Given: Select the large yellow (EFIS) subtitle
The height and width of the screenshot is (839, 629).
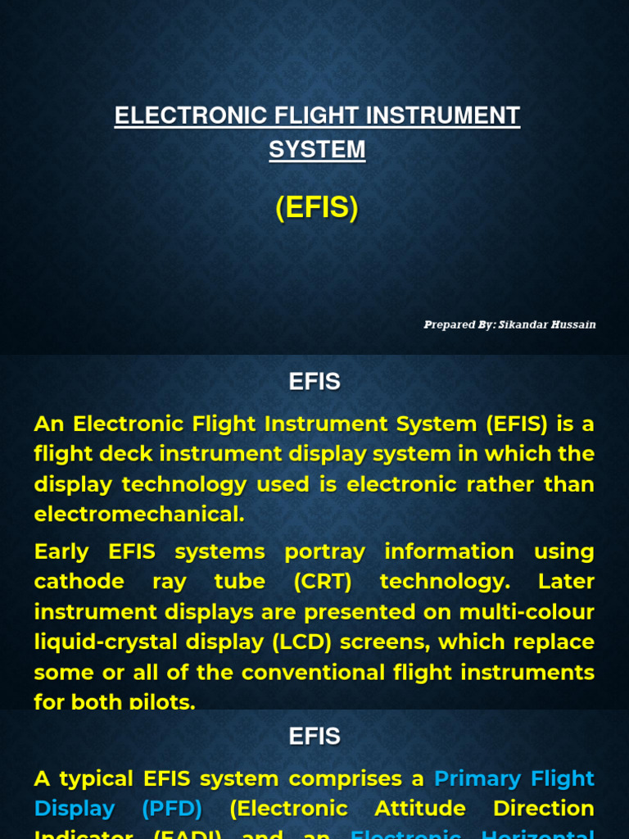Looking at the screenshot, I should pos(317,209).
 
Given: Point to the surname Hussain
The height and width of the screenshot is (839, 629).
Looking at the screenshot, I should pos(574,324).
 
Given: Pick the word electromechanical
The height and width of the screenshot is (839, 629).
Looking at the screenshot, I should pos(139,514).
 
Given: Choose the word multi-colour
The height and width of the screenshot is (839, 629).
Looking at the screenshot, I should pos(536,612).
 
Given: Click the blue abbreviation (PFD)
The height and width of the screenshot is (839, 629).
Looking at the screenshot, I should pos(172,809).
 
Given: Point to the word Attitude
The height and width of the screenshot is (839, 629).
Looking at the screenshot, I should pos(420,809).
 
